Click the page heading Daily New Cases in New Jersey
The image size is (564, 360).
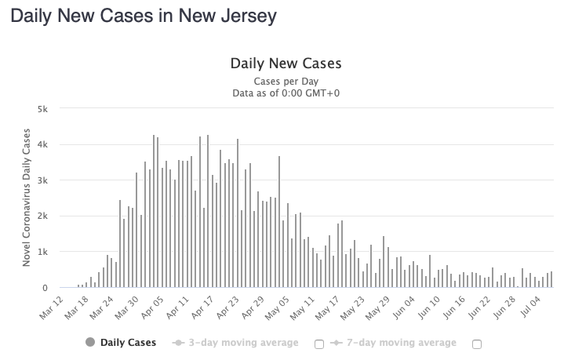pyautogui.click(x=143, y=16)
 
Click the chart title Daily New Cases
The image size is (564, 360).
pyautogui.click(x=286, y=63)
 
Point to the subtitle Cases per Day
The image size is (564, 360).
pyautogui.click(x=286, y=81)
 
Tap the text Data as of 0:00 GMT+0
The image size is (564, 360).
pyautogui.click(x=286, y=93)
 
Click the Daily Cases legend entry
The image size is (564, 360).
pyautogui.click(x=128, y=343)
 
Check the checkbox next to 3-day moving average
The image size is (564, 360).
pyautogui.click(x=319, y=344)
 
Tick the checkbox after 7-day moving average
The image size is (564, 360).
pyautogui.click(x=477, y=344)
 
